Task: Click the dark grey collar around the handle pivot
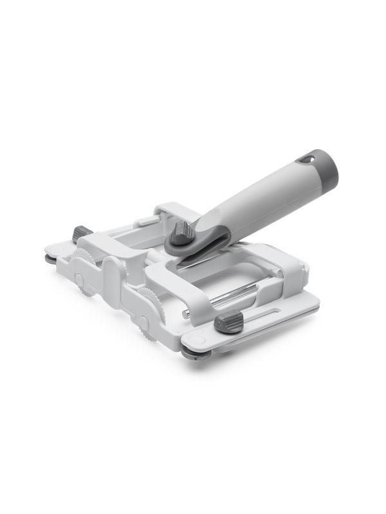pyautogui.click(x=193, y=242)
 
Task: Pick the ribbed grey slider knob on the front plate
pyautogui.click(x=228, y=321)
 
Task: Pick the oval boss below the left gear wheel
pyautogui.click(x=80, y=281)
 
